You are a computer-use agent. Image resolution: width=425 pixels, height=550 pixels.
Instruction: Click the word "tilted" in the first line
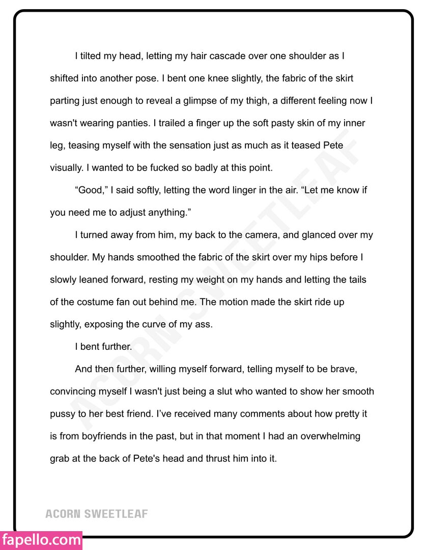click(91, 56)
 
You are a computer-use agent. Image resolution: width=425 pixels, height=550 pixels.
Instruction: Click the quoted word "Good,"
click(91, 190)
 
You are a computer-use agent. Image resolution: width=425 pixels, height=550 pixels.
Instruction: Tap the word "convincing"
click(73, 392)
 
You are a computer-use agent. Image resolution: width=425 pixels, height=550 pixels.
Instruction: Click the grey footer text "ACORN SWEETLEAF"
click(97, 513)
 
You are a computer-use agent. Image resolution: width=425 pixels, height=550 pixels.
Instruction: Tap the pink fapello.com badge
click(41, 540)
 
